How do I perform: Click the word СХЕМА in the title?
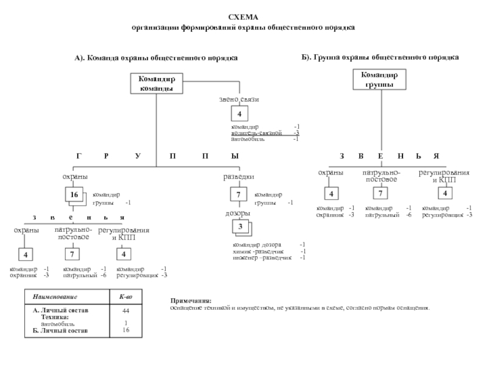point(243,19)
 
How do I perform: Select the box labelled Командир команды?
point(156,84)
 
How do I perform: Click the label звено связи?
point(239,99)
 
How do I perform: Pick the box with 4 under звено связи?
point(239,114)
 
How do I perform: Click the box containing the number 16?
point(74,195)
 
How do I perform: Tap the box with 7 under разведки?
point(239,195)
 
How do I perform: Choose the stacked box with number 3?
point(240,228)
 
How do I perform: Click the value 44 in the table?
point(126,310)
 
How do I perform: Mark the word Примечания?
point(191,301)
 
